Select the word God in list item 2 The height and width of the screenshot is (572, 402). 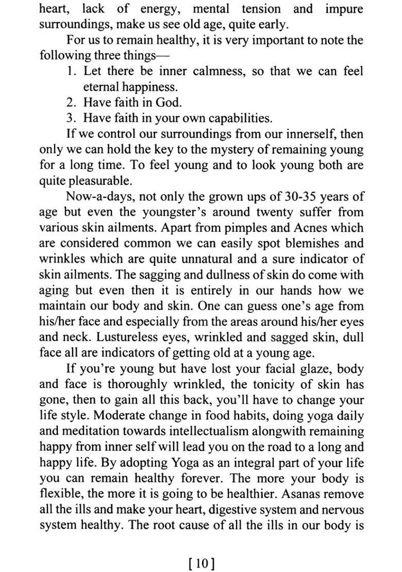click(167, 102)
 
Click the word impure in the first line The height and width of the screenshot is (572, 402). click(344, 9)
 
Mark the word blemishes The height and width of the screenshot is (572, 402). click(306, 243)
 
